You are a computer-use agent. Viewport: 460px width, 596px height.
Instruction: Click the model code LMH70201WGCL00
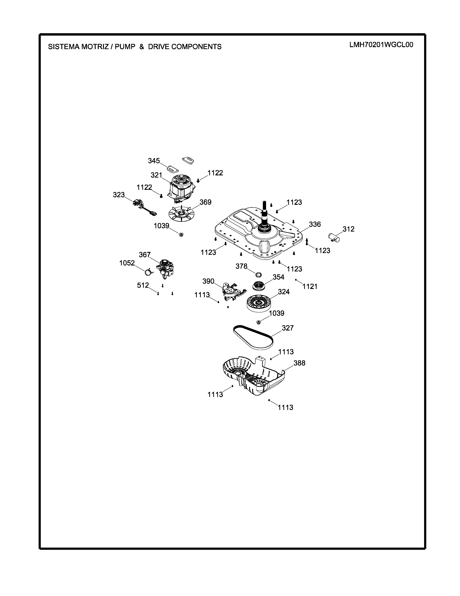[x=381, y=45]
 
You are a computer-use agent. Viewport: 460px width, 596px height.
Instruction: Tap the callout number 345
[x=154, y=161]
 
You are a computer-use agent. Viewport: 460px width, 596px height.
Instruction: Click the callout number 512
[x=143, y=285]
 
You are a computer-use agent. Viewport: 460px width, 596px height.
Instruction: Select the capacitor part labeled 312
[x=334, y=237]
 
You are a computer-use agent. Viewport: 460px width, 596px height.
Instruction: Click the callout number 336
[x=315, y=224]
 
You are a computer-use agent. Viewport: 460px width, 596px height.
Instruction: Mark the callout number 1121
[x=310, y=287]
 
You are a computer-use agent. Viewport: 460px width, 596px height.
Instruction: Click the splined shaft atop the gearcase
[x=264, y=212]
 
